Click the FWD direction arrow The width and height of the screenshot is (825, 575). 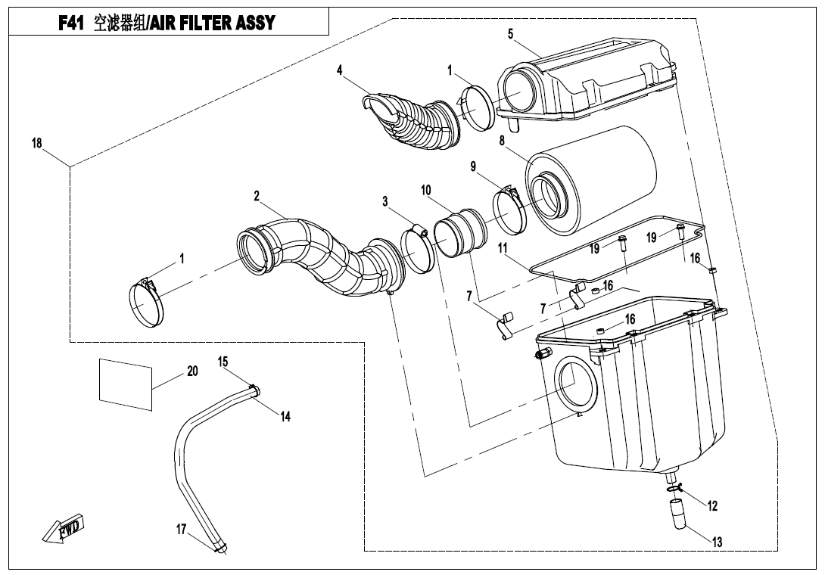coord(63,529)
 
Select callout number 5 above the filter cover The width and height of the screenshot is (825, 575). coord(511,34)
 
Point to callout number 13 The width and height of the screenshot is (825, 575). coord(718,542)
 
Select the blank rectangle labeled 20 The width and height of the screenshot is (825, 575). coord(126,384)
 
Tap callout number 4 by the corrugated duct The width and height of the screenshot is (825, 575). coord(341,70)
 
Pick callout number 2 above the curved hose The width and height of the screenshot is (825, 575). coord(257,196)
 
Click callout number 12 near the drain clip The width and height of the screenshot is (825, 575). coord(712,506)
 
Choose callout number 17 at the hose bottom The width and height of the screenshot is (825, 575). coord(182,530)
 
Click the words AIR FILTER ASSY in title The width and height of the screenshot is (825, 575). coord(212,23)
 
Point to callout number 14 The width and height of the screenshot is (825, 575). coord(285,415)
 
